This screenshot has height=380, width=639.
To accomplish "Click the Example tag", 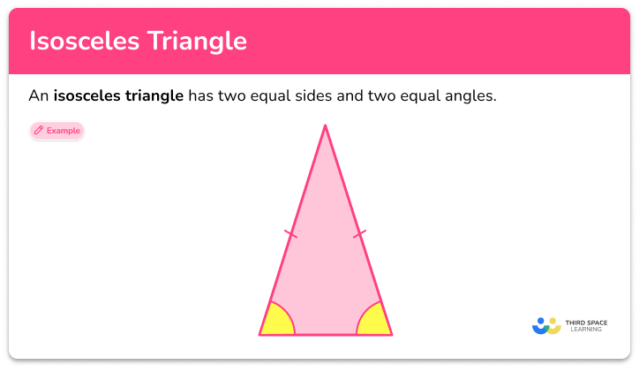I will point(56,131).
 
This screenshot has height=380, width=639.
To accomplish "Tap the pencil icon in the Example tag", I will point(39,131).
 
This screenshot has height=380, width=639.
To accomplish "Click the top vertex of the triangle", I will point(326,126).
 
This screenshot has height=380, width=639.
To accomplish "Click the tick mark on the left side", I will point(290,234).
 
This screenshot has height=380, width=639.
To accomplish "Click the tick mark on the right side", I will point(359,234).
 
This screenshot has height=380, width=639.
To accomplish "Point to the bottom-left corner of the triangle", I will point(260,334).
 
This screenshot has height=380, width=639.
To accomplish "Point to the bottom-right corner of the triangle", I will point(391,334).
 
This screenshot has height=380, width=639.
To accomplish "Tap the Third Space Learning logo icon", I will point(546,325).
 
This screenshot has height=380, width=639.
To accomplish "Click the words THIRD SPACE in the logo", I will point(587,322).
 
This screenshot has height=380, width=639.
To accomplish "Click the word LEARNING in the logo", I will point(587,330).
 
